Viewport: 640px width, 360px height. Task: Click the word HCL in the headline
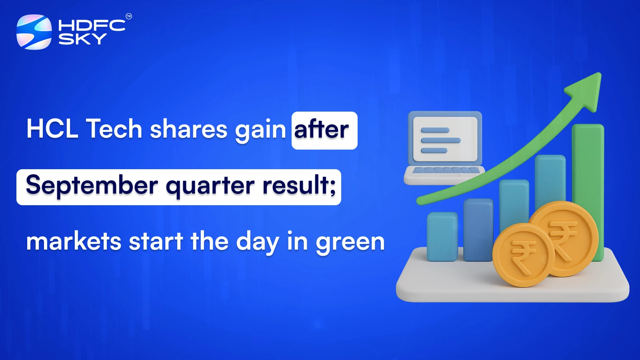(x=52, y=129)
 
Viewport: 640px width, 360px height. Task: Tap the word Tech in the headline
(x=114, y=129)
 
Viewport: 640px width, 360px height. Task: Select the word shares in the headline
(x=188, y=129)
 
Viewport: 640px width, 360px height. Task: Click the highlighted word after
(x=322, y=130)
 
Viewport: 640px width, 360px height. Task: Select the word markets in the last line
(x=74, y=242)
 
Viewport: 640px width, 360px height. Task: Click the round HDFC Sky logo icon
(x=34, y=32)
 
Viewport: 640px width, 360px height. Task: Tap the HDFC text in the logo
(x=92, y=26)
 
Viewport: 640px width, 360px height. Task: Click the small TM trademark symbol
(x=129, y=16)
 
